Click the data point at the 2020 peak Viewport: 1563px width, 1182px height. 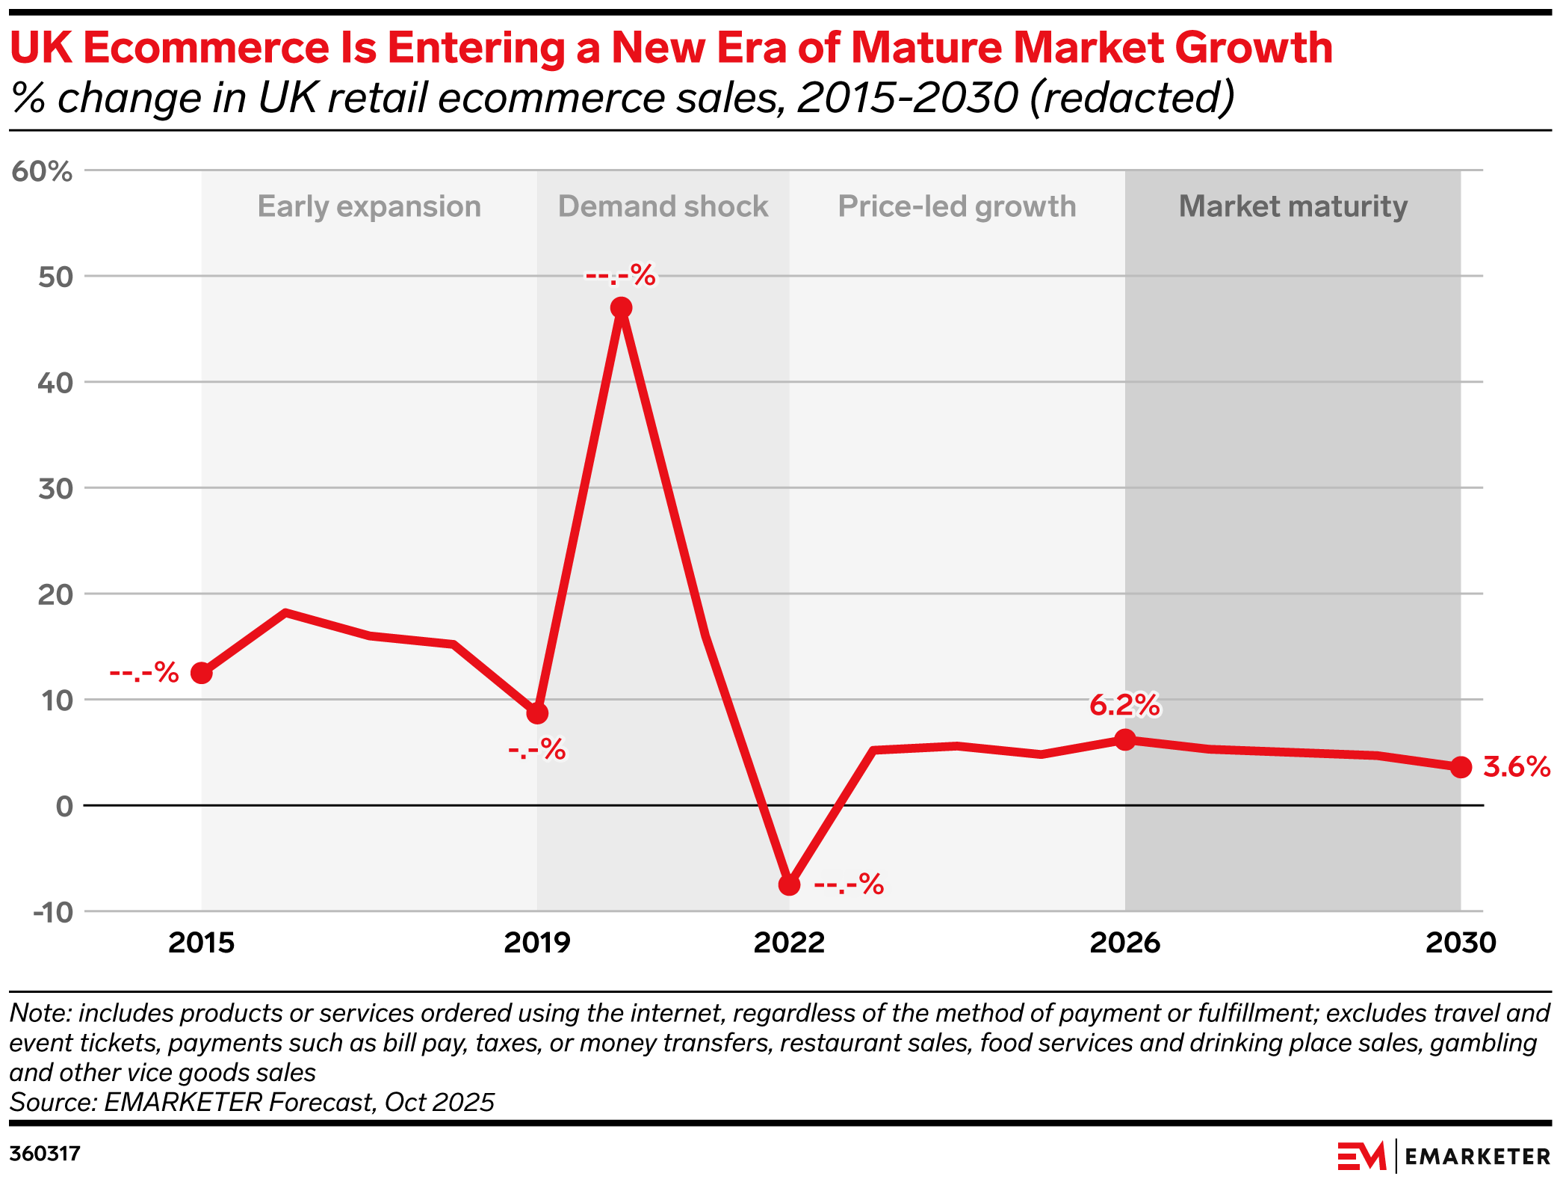point(621,308)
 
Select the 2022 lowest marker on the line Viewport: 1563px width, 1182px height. point(789,885)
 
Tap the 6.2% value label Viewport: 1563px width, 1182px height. point(1124,705)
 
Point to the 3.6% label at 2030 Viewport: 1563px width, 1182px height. point(1516,767)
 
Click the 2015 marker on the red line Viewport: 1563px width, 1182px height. point(202,673)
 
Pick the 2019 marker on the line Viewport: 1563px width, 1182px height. point(537,713)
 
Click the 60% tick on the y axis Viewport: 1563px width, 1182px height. point(43,172)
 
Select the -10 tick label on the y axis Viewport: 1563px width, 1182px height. point(53,912)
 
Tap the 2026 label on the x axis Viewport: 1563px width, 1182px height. point(1124,943)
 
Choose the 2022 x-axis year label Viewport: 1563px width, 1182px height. point(789,943)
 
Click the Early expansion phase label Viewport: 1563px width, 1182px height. point(369,206)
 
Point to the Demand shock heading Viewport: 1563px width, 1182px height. point(663,206)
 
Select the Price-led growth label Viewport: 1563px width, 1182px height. point(957,206)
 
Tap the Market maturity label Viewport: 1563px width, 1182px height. point(1293,206)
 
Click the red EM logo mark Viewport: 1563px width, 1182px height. point(1361,1156)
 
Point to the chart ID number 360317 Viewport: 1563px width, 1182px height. point(45,1154)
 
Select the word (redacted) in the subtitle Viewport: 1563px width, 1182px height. point(1131,98)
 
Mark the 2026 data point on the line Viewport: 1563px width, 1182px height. point(1124,740)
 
